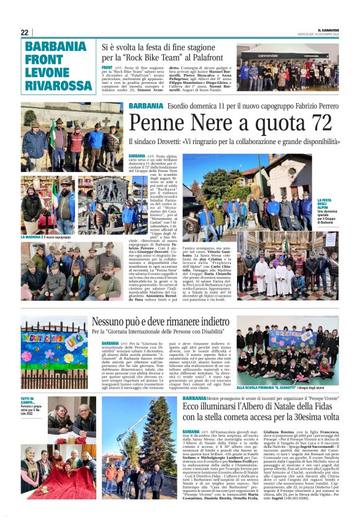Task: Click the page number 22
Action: (25, 32)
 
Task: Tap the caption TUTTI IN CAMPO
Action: (29, 401)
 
